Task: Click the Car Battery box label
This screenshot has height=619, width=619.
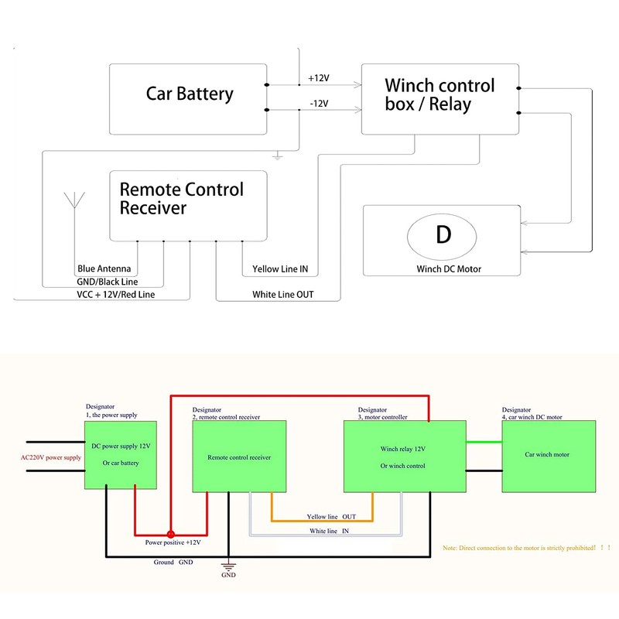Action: [x=190, y=94]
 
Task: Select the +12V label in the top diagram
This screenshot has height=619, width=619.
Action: [x=319, y=79]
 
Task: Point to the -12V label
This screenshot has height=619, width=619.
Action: [x=319, y=103]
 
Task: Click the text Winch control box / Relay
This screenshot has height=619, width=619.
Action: [x=439, y=94]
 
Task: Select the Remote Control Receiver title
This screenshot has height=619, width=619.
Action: [x=181, y=198]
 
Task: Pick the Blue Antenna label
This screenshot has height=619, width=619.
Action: [x=104, y=269]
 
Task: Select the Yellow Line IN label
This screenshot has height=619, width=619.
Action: [x=280, y=270]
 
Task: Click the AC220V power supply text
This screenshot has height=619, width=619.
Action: [x=50, y=457]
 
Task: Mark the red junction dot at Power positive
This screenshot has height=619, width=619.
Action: [x=170, y=533]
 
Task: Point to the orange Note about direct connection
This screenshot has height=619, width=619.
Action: [x=522, y=547]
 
